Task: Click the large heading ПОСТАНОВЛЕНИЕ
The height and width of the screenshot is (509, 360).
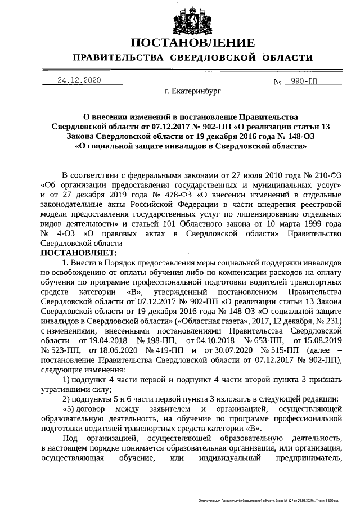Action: pyautogui.click(x=192, y=43)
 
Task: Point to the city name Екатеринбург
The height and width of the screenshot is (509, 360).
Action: pyautogui.click(x=193, y=89)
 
